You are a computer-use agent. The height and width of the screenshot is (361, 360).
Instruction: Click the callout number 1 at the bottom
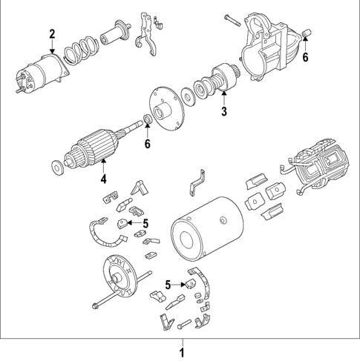coord(180,350)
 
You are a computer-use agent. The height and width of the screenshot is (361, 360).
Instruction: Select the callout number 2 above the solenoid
coord(52,33)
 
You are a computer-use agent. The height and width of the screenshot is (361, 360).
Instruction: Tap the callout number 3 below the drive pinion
coord(223,112)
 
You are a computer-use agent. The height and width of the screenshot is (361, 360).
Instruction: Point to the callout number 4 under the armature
coord(104,178)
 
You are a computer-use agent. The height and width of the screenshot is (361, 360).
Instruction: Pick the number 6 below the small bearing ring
coord(147,143)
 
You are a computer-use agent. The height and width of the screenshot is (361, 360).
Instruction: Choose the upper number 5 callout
coord(146,223)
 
